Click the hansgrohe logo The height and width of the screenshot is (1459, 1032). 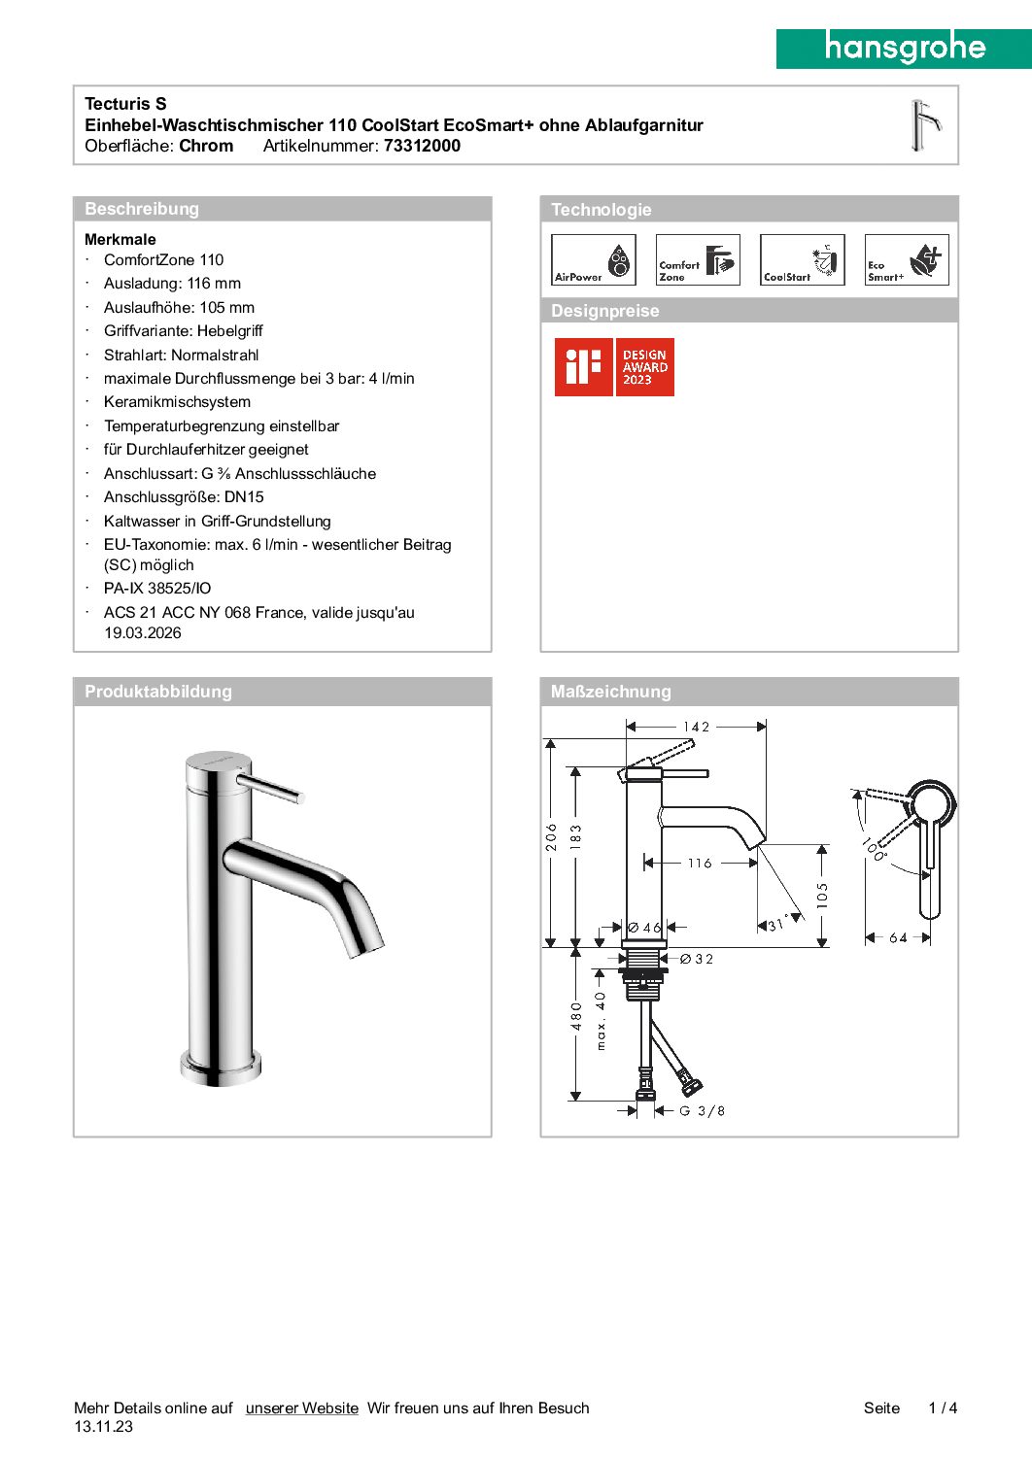point(904,48)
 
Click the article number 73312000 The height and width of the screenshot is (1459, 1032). point(422,147)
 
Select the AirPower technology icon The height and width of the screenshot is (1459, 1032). point(593,260)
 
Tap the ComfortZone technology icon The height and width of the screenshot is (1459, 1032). point(698,260)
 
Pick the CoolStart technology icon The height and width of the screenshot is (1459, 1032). point(802,260)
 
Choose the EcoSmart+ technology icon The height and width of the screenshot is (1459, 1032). point(907,260)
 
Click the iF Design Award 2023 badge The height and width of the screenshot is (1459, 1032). point(614,367)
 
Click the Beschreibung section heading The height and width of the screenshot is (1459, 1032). point(142,209)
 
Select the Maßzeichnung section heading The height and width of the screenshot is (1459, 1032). point(610,692)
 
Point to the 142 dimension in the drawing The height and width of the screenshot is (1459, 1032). point(696,727)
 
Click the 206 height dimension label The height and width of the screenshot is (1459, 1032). point(551,837)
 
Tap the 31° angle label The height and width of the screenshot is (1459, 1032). point(777,925)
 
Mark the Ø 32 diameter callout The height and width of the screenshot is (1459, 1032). point(697,960)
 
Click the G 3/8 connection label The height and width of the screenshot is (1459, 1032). point(702,1111)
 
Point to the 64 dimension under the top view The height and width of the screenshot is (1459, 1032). point(898,938)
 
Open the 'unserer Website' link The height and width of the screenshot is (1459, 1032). point(301,1408)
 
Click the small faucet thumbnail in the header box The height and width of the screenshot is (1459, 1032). point(924,125)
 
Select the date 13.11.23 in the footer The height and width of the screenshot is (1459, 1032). point(103,1427)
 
